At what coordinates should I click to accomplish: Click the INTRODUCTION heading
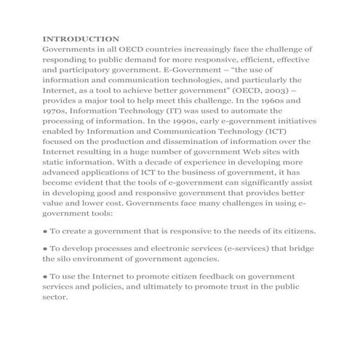tap(81, 38)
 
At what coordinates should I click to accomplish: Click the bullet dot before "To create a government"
tap(46, 231)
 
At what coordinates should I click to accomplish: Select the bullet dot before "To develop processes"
tap(46, 249)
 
